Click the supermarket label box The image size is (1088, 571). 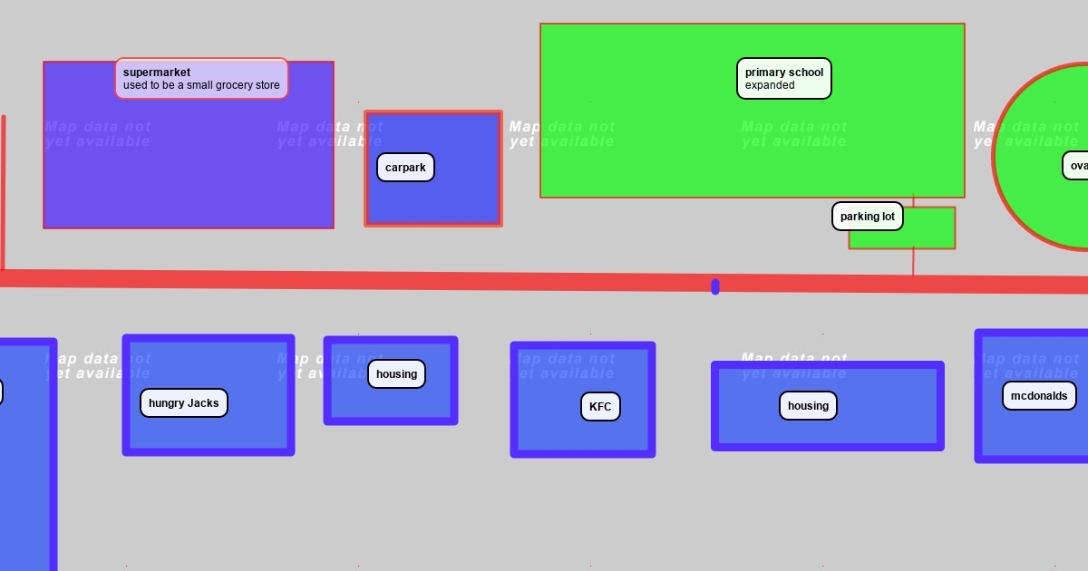pyautogui.click(x=201, y=79)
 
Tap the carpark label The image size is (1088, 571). pyautogui.click(x=405, y=168)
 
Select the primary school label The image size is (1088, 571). pyautogui.click(x=783, y=79)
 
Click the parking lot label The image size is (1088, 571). pyautogui.click(x=867, y=217)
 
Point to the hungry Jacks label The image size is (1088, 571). pyautogui.click(x=183, y=403)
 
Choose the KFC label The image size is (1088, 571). pyautogui.click(x=600, y=407)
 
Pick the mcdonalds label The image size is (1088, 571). pyautogui.click(x=1039, y=396)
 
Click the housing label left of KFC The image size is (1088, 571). pyautogui.click(x=396, y=374)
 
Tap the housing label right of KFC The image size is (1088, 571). pyautogui.click(x=808, y=406)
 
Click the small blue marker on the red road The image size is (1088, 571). pyautogui.click(x=715, y=287)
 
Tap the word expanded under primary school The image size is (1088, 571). pyautogui.click(x=770, y=86)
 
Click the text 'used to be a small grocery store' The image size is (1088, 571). pyautogui.click(x=201, y=86)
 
